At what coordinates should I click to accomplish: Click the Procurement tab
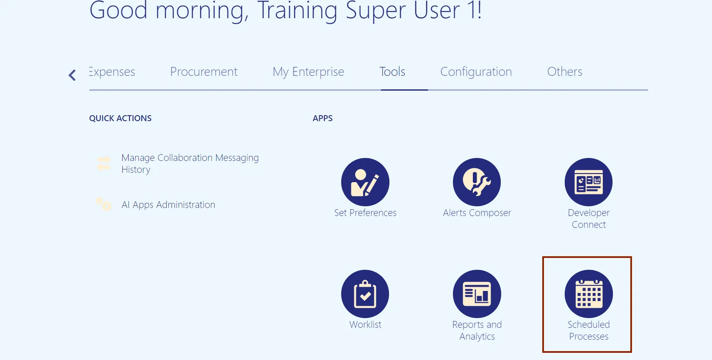(204, 72)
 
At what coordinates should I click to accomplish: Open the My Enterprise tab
(308, 72)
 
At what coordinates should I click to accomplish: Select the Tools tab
(392, 72)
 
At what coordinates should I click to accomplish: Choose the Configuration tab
(476, 72)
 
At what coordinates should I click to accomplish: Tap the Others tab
(565, 72)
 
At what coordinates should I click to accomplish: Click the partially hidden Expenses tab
(112, 72)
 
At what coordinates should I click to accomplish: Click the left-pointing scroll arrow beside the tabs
(72, 75)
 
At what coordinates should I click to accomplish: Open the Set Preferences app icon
(365, 182)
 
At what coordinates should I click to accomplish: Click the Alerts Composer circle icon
(477, 182)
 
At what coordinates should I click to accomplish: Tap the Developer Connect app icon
(589, 182)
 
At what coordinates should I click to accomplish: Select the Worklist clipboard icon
(365, 294)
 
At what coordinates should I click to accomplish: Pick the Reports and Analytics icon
(477, 294)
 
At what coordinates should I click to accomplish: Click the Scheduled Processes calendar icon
(589, 294)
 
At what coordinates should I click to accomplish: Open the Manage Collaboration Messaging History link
(190, 163)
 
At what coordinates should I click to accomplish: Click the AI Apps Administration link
(168, 205)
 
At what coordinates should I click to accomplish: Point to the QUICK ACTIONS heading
(120, 118)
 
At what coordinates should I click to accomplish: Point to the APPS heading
(323, 118)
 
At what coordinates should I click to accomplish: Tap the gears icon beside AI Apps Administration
(104, 204)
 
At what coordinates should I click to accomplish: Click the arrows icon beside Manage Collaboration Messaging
(104, 163)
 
